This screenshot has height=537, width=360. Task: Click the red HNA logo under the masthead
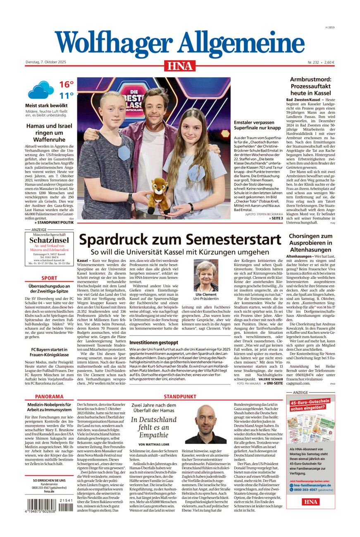point(180,66)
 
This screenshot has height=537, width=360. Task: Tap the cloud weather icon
point(41,90)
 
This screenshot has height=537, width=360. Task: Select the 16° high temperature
point(66,85)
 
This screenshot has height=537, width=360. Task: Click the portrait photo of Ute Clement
point(206,276)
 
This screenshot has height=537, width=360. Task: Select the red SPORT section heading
point(49,278)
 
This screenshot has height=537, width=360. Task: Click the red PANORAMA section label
point(49,397)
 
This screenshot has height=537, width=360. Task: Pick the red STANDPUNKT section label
point(180,397)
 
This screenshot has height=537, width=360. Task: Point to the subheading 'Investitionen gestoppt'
point(154,342)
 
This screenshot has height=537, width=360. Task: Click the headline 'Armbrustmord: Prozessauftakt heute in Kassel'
point(310,86)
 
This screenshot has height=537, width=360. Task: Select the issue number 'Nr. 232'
point(315,62)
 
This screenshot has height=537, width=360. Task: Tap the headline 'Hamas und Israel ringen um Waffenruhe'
point(49,133)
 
